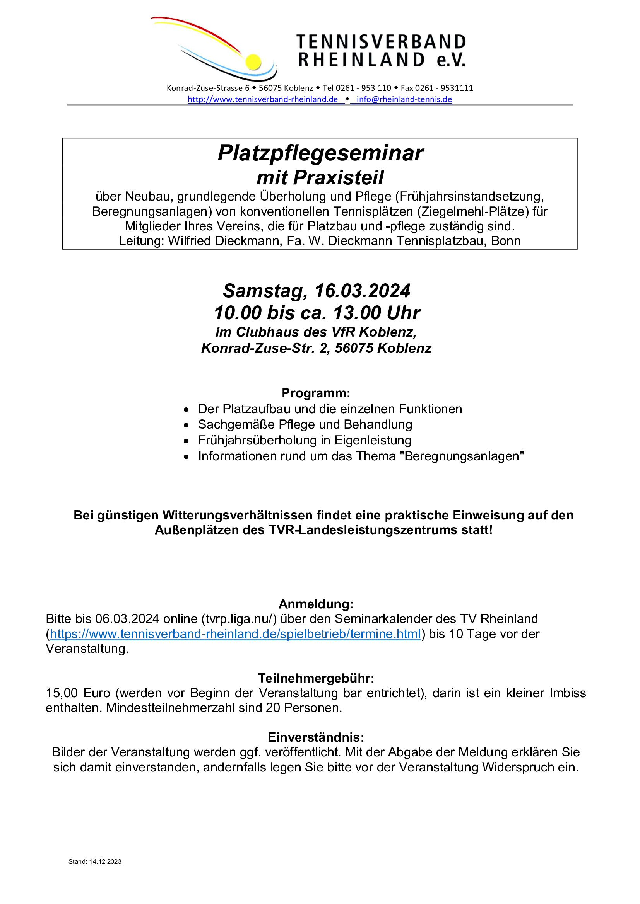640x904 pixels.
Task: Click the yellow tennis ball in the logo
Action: (253, 62)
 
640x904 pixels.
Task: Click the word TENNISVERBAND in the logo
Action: (381, 42)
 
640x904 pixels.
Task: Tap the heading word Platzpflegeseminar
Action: (320, 153)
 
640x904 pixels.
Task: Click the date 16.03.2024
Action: (362, 291)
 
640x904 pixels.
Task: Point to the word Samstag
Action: (265, 291)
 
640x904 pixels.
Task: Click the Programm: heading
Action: (316, 393)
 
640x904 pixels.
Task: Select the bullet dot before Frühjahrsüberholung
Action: (187, 441)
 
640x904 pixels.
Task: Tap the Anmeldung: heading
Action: (316, 604)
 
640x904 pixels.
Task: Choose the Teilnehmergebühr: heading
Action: (316, 678)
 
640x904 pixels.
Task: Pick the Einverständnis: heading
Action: (316, 737)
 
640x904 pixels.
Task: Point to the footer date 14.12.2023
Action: (105, 861)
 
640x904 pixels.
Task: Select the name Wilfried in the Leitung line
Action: (189, 241)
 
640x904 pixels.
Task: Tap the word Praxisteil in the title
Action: (338, 177)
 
